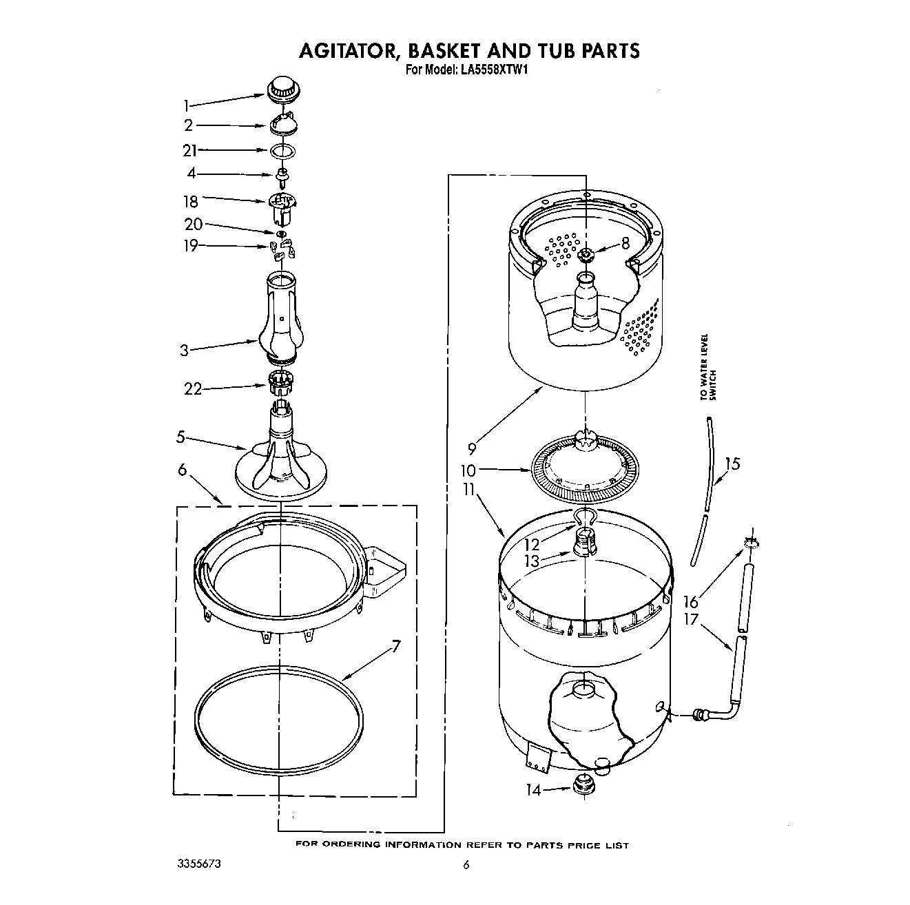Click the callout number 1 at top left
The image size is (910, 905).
pyautogui.click(x=185, y=105)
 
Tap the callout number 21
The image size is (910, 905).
pyautogui.click(x=189, y=150)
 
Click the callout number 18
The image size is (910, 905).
pyautogui.click(x=190, y=201)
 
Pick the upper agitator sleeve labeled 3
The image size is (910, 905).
pyautogui.click(x=281, y=317)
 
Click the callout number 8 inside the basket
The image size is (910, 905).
pyautogui.click(x=625, y=242)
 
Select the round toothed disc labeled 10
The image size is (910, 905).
pyautogui.click(x=585, y=468)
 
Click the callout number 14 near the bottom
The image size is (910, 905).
pyautogui.click(x=534, y=791)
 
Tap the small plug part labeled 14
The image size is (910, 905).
pyautogui.click(x=583, y=784)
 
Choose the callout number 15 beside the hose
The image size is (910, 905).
pyautogui.click(x=732, y=464)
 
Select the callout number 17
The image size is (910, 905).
pyautogui.click(x=691, y=620)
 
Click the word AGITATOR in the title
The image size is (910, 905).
pyautogui.click(x=349, y=50)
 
